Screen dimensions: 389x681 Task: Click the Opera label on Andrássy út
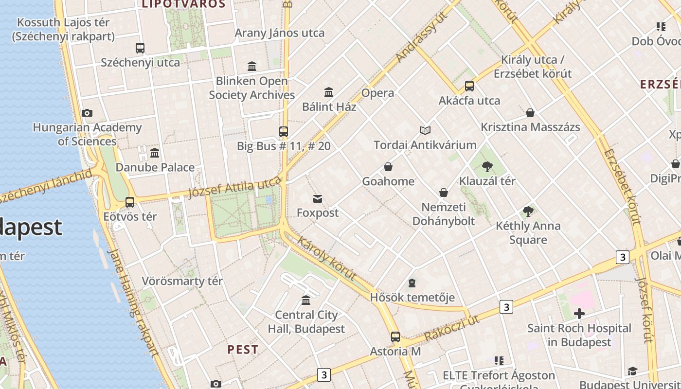point(377,93)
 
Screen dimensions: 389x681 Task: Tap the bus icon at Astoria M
point(395,336)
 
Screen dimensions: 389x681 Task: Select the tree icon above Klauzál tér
point(487,167)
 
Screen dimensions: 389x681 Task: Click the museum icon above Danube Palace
point(155,153)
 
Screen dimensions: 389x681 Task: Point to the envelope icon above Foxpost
point(318,198)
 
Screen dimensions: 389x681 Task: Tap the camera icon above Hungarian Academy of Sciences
point(87,113)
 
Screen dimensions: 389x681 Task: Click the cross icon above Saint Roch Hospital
point(579,314)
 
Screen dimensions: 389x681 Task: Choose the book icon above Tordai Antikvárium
point(425,130)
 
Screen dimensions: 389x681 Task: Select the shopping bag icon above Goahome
point(388,167)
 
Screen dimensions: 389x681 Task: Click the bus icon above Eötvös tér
point(130,202)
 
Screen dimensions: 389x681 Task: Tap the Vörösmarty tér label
point(182,281)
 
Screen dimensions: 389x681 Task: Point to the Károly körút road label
point(326,258)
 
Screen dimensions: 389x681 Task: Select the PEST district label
point(243,350)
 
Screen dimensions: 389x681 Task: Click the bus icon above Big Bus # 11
point(284,131)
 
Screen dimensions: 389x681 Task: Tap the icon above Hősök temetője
point(412,283)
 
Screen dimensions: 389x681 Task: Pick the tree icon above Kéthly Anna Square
point(528,212)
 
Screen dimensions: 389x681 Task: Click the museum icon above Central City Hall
point(306,300)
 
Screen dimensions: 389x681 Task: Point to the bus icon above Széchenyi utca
point(140,48)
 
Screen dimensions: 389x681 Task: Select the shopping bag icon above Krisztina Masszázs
point(530,113)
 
